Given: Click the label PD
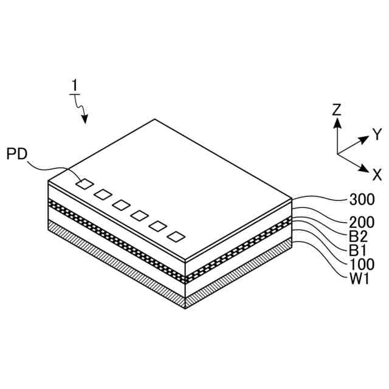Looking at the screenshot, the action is (x=17, y=153).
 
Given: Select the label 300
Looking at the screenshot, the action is (x=362, y=199).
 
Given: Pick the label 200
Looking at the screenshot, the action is (x=362, y=222).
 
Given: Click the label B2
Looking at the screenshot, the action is (x=358, y=236).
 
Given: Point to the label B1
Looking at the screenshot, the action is (x=358, y=250).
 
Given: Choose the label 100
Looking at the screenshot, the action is (x=362, y=264).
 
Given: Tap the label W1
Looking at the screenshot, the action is (x=359, y=278).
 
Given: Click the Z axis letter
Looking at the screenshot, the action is (x=337, y=109).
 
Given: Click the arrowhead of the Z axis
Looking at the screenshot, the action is (x=337, y=122).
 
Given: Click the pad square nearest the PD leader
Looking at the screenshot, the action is (x=85, y=183).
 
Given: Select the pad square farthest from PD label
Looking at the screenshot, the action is (x=176, y=236).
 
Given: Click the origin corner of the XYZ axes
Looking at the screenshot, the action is (x=337, y=154).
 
